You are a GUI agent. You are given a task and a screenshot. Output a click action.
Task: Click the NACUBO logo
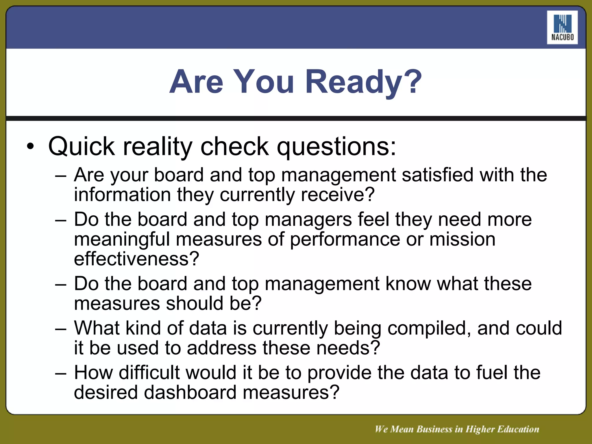click(562, 27)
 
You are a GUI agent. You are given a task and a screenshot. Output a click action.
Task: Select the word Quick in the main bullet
click(82, 147)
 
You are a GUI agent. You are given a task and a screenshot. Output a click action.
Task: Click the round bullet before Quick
click(30, 146)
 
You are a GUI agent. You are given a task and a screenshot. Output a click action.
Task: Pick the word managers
click(308, 220)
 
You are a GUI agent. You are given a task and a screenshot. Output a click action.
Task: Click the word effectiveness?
click(136, 259)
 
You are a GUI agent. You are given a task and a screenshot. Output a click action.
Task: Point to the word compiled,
click(429, 329)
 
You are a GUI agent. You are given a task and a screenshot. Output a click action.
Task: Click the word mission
click(462, 240)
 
